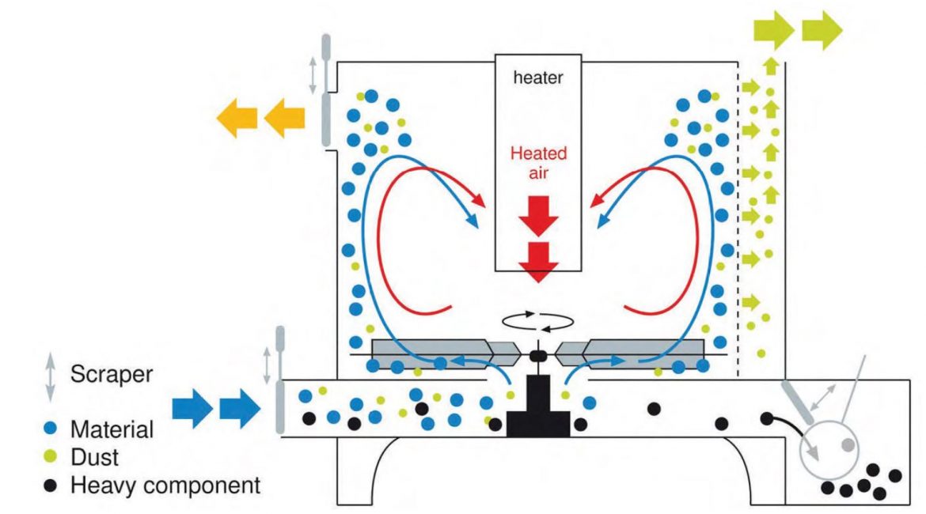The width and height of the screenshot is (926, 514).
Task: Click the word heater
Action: pos(538,77)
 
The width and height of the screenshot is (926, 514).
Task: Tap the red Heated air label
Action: pos(538,163)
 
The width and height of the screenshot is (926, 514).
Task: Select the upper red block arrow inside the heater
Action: pos(539,217)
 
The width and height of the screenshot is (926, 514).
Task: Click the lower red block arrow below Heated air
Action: pos(539,262)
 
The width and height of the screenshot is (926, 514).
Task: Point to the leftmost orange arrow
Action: pos(237,118)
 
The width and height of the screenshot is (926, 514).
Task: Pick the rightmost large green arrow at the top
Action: pos(822,30)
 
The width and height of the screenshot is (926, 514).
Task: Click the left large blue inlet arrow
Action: pos(192,408)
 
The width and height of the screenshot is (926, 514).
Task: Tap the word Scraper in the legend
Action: pos(112,374)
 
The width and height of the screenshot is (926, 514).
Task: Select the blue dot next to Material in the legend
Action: pos(51,429)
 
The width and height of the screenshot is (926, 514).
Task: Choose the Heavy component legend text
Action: pos(165,485)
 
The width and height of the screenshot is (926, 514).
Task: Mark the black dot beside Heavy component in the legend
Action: pos(51,485)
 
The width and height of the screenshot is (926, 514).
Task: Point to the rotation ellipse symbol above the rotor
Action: pos(538,322)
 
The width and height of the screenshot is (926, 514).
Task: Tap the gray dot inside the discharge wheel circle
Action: pos(848,445)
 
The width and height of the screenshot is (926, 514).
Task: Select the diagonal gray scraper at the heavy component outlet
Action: pos(799,402)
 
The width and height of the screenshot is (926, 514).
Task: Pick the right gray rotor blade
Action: pos(630,354)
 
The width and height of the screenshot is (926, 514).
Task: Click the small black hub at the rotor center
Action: pos(538,355)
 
